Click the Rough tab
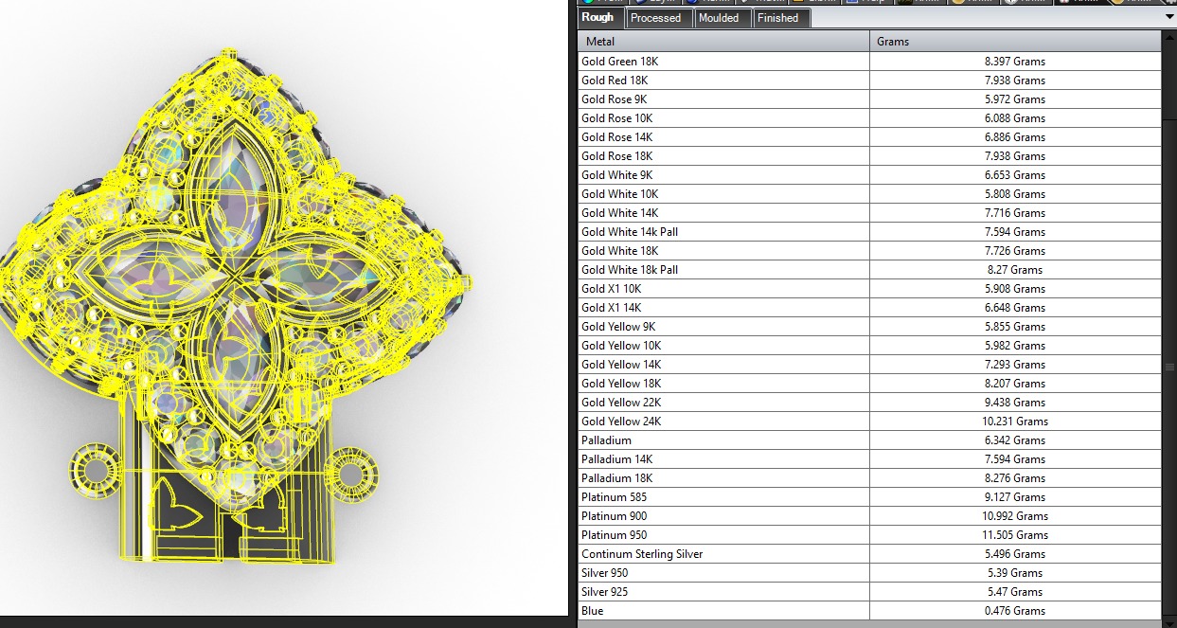(x=597, y=17)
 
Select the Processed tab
(x=655, y=18)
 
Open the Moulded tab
(x=719, y=18)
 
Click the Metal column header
(x=600, y=42)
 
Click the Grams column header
(x=893, y=42)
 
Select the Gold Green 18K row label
(x=619, y=62)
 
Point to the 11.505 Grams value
(x=1015, y=535)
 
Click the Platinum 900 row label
(x=614, y=516)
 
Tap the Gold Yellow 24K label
(x=621, y=422)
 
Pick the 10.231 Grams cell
(x=1015, y=422)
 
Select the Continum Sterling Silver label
(x=642, y=554)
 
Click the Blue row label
(x=592, y=611)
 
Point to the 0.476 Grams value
(x=1015, y=611)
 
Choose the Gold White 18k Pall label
(x=630, y=270)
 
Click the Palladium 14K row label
(x=616, y=459)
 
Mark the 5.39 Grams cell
(x=1015, y=573)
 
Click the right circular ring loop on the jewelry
(x=351, y=473)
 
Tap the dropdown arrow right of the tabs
(x=1168, y=17)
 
